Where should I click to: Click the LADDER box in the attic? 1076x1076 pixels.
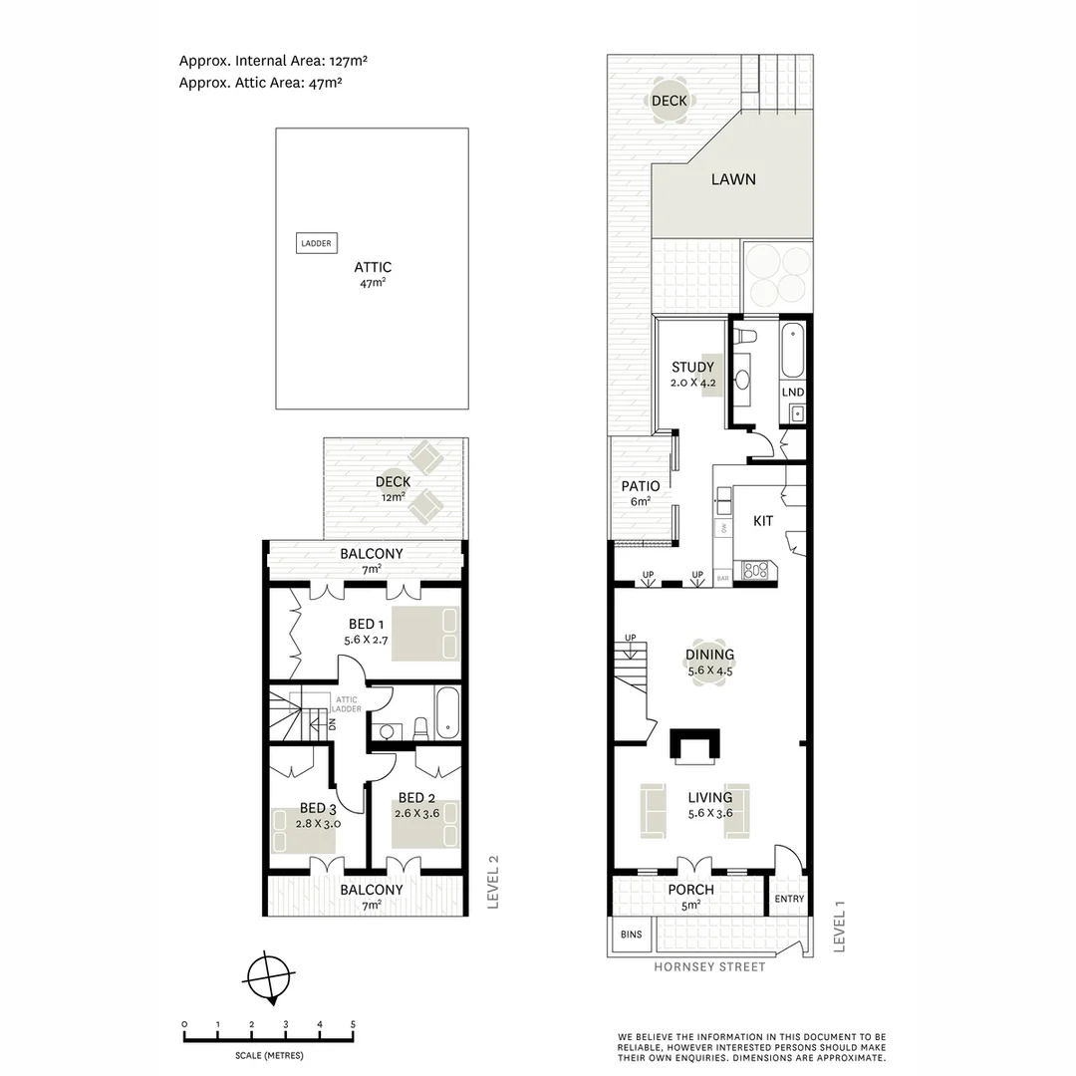coord(316,243)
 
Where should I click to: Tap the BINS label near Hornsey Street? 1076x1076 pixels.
coord(631,935)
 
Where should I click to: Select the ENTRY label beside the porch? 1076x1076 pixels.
coord(788,899)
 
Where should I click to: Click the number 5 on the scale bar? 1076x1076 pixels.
coord(353,1024)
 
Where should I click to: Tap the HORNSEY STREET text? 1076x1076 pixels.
coord(709,966)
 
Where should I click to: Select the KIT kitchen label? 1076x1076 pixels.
coord(763,521)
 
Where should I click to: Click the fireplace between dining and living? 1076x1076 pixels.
coord(693,745)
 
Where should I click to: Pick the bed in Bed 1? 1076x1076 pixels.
coord(425,633)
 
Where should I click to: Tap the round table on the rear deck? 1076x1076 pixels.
coord(669,100)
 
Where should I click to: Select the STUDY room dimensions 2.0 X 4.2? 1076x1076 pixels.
coord(692,382)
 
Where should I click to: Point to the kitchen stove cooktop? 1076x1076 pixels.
coord(756,571)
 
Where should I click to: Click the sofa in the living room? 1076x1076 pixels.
coord(655,807)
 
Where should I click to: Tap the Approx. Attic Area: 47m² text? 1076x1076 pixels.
coord(260,84)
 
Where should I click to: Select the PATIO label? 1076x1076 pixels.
coord(641,486)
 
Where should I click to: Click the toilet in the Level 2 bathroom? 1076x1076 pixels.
coord(421,728)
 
